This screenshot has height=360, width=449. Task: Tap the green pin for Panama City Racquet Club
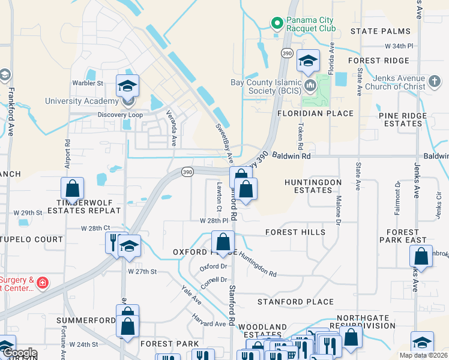277,23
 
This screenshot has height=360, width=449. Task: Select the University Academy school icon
127,86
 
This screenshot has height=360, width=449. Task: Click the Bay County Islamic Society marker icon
310,85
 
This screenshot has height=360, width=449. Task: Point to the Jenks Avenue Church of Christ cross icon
435,80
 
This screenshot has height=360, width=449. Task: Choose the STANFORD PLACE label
295,302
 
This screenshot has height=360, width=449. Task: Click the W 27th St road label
142,272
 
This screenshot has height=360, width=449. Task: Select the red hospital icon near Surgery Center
42,282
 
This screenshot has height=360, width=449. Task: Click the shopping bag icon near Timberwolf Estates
72,188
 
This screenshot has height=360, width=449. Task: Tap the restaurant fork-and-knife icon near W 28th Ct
114,242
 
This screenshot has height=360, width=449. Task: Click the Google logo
19,353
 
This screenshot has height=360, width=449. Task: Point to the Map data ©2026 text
423,355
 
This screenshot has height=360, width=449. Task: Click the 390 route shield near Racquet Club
288,54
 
